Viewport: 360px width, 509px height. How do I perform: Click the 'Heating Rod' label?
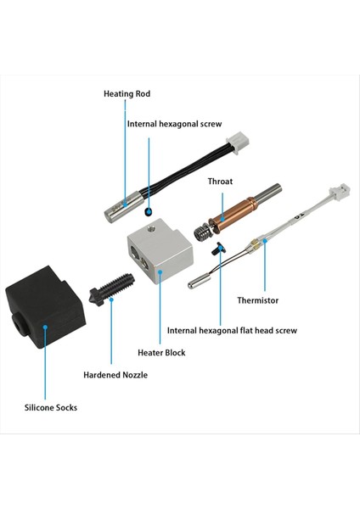point(127,94)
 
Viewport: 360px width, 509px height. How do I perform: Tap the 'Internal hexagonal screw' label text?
point(174,124)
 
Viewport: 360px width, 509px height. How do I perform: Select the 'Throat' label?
point(220,182)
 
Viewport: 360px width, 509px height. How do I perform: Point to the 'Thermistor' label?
point(257,300)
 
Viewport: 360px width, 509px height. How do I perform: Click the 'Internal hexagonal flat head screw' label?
point(232,331)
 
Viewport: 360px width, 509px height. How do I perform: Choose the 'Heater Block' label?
point(161,353)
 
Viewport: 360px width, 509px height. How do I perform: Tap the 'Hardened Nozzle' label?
point(115,375)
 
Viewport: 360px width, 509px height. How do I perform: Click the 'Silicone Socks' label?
point(51,407)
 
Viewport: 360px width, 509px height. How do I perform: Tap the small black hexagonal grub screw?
point(148,211)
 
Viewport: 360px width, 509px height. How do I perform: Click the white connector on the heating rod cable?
point(239,140)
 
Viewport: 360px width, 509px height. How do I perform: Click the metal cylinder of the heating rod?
point(122,206)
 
